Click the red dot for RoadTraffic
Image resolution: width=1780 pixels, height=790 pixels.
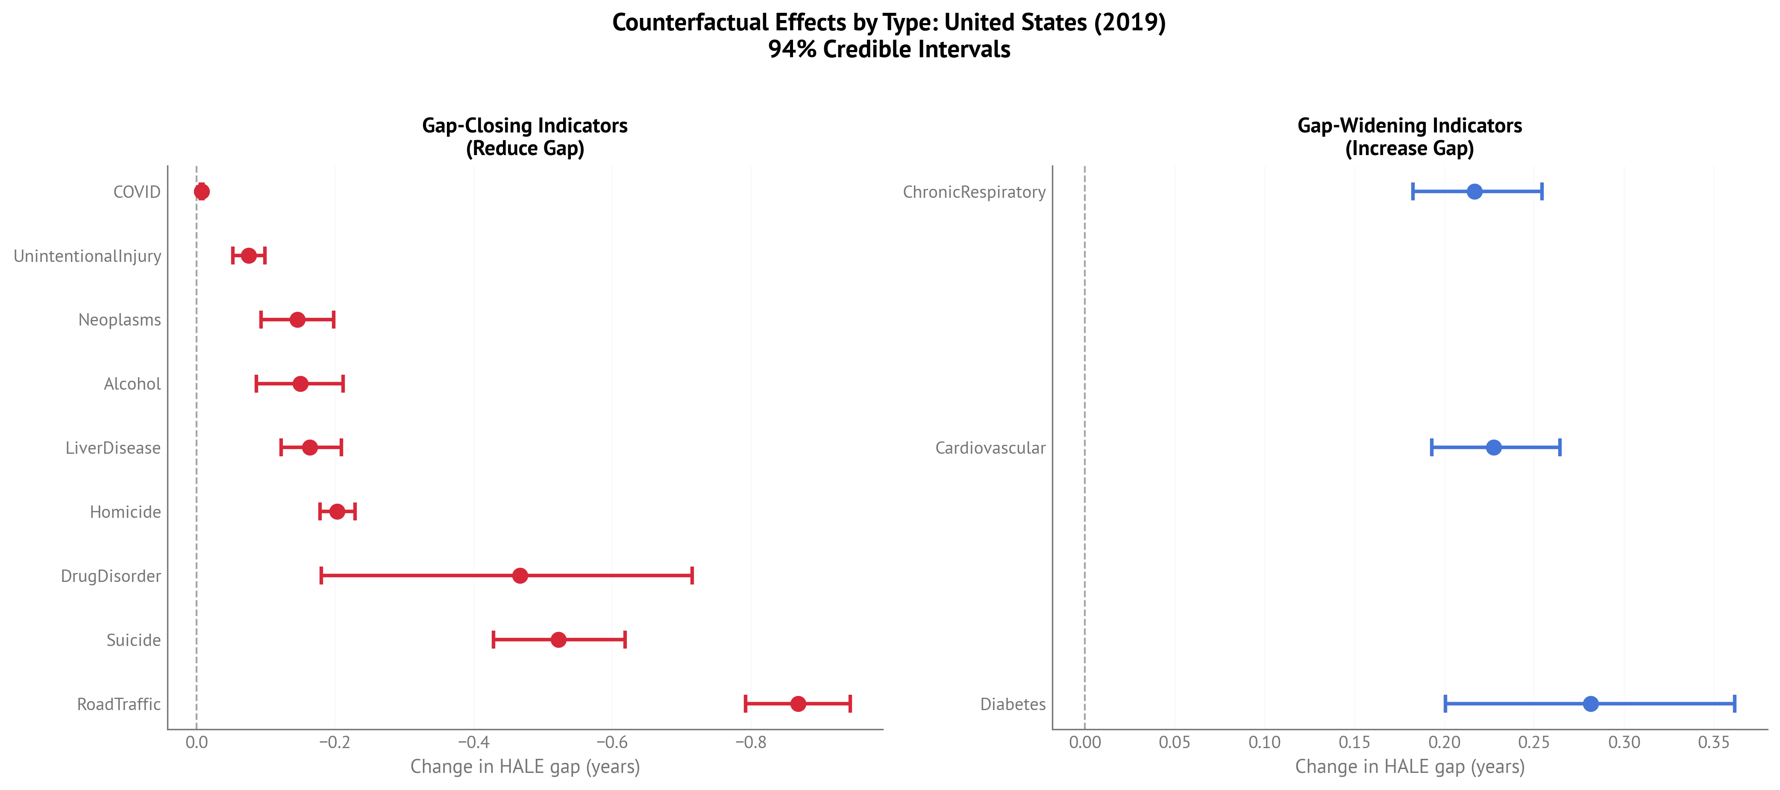798,704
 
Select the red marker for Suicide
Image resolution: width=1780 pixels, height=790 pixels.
558,639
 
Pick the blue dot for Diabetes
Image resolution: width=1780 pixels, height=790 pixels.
1591,704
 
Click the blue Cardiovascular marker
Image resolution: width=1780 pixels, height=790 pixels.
1493,447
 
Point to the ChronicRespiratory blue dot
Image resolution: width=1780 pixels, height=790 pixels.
1475,191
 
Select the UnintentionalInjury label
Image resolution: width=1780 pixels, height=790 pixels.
87,256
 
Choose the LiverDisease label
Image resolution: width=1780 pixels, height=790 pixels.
113,448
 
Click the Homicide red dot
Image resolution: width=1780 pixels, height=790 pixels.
337,511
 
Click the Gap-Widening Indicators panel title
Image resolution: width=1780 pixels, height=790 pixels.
1410,136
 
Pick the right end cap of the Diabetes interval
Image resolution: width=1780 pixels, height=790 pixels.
1734,704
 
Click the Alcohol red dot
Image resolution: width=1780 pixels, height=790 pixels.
300,384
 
